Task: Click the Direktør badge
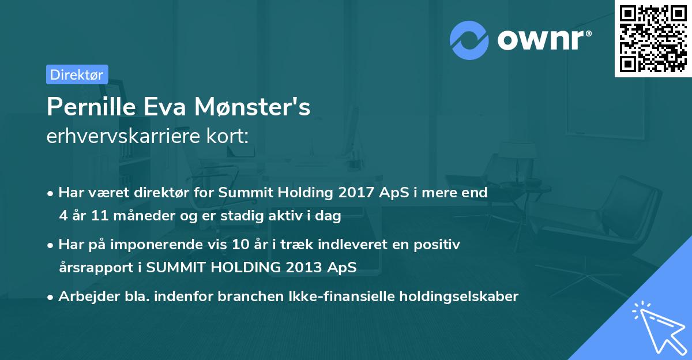77,74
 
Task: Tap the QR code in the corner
653,38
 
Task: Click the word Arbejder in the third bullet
84,297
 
